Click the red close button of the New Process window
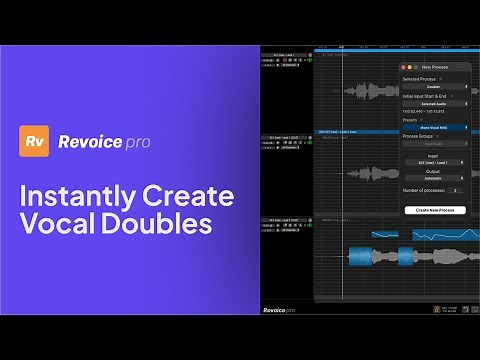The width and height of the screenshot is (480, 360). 403,66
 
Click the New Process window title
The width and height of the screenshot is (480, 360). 434,66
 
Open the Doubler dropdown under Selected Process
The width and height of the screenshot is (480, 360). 434,86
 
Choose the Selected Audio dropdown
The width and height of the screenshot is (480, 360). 434,103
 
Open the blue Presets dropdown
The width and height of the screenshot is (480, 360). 434,128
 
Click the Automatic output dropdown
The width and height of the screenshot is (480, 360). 434,178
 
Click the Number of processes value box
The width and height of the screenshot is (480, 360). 455,189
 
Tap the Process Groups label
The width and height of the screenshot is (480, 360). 421,136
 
